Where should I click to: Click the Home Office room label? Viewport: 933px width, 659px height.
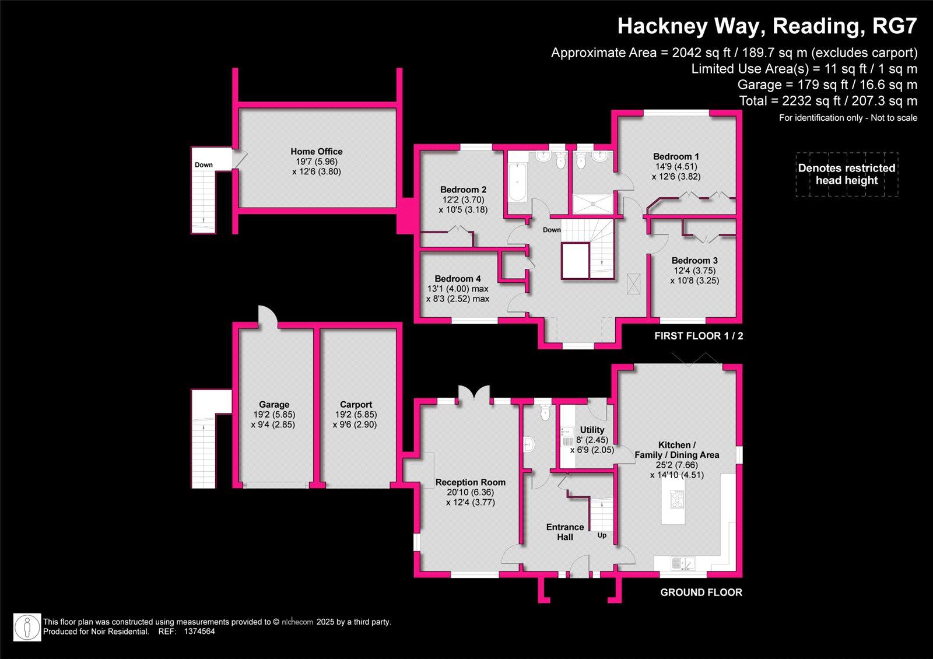(x=317, y=152)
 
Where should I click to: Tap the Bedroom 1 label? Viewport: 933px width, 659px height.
(x=676, y=156)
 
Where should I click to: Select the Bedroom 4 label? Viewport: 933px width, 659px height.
(x=457, y=279)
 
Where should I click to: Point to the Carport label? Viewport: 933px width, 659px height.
(x=356, y=404)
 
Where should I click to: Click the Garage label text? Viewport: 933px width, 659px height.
(x=274, y=404)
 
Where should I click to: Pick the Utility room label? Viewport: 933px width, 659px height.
(x=592, y=430)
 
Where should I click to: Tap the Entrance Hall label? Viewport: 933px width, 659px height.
(x=564, y=532)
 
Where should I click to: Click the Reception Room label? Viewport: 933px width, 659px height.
(x=470, y=482)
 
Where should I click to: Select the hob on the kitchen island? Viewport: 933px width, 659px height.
(x=677, y=500)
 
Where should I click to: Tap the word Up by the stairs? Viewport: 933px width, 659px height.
(x=602, y=535)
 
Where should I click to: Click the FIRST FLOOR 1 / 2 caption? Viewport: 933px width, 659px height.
(x=699, y=336)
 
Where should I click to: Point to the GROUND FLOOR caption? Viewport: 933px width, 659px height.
(x=701, y=593)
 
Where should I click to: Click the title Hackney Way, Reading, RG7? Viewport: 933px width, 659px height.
(x=767, y=26)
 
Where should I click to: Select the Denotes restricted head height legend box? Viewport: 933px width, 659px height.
(x=847, y=174)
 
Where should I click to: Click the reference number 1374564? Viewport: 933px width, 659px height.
(x=199, y=631)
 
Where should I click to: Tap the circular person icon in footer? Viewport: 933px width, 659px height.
(x=27, y=627)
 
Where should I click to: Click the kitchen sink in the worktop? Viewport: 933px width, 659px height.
(x=682, y=564)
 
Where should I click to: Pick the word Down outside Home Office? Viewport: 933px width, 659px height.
(x=204, y=165)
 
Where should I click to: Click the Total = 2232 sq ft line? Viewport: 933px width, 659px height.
(x=828, y=101)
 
